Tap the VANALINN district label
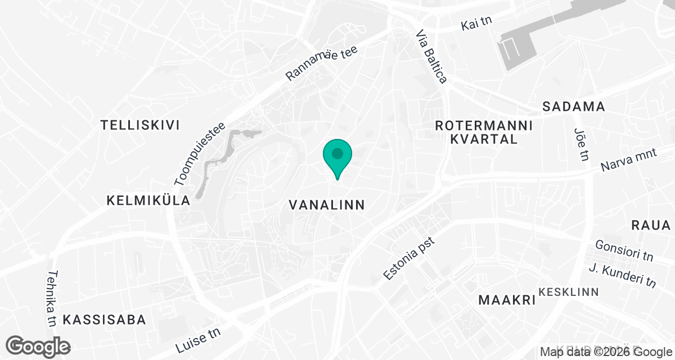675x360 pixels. (327, 205)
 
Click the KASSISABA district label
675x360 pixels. (105, 320)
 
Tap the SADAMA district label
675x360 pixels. (573, 106)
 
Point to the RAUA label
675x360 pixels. (651, 226)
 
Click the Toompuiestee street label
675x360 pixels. (200, 154)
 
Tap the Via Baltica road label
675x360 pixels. (432, 57)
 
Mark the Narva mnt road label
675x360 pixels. (628, 161)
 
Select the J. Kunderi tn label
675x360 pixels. (622, 275)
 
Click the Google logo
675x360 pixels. (38, 345)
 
